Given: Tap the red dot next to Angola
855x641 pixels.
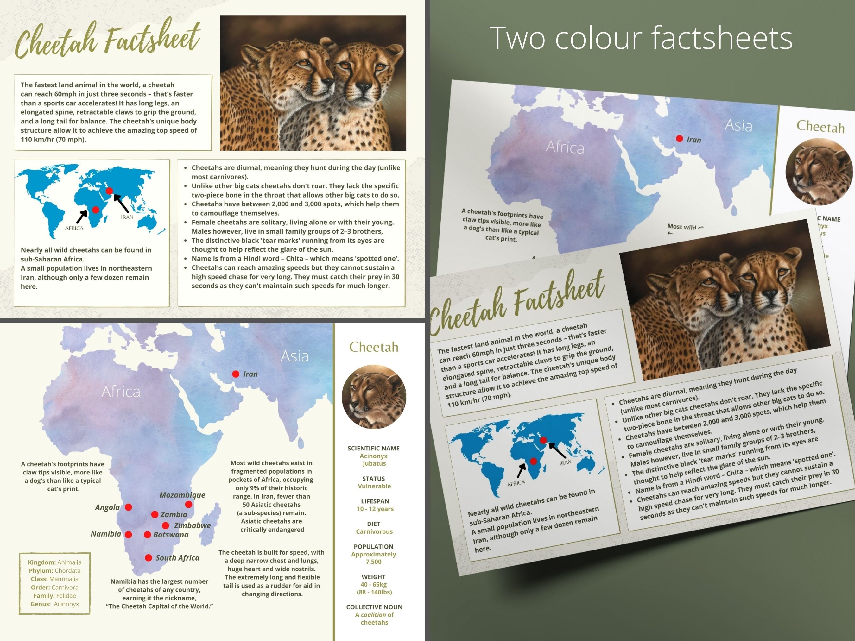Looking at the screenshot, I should pyautogui.click(x=128, y=507).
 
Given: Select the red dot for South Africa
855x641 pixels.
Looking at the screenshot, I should pyautogui.click(x=149, y=557).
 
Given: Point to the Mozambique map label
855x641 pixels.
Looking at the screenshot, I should pyautogui.click(x=182, y=495).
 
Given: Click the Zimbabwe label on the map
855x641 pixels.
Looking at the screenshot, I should pyautogui.click(x=192, y=525).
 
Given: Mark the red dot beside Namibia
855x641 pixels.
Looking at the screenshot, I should pyautogui.click(x=129, y=534).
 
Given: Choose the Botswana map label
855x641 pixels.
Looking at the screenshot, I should pyautogui.click(x=171, y=535).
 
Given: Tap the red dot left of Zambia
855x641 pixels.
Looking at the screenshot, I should pyautogui.click(x=155, y=514).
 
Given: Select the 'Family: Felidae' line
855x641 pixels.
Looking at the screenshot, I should pyautogui.click(x=54, y=595).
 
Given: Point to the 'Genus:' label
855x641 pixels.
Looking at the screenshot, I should pyautogui.click(x=40, y=604).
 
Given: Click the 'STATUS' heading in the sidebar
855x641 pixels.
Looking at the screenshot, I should pyautogui.click(x=373, y=478).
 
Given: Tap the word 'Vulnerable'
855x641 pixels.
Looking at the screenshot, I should pyautogui.click(x=374, y=486).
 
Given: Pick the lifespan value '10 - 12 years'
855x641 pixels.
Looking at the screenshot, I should pyautogui.click(x=375, y=509).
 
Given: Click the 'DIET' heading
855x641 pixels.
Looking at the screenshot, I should pyautogui.click(x=374, y=524).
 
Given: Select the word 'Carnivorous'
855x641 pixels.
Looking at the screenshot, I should pyautogui.click(x=374, y=532).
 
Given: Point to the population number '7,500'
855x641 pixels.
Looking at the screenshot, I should pyautogui.click(x=373, y=562).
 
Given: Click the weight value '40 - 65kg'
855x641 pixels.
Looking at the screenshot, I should pyautogui.click(x=373, y=584).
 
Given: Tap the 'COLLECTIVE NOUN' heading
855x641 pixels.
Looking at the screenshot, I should pyautogui.click(x=374, y=607).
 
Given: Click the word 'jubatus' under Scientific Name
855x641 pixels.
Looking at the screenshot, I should pyautogui.click(x=374, y=463).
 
